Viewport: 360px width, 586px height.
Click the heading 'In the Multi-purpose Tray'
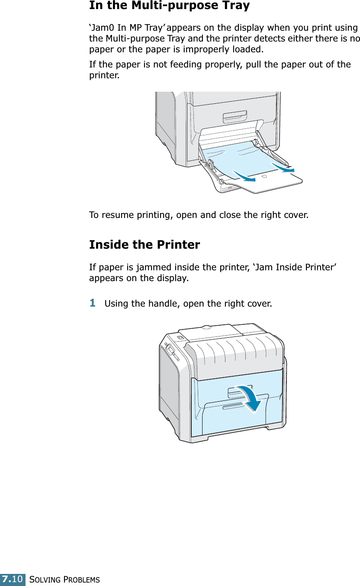point(169,6)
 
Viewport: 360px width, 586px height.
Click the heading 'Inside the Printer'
point(145,245)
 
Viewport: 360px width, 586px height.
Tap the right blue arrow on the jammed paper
point(282,166)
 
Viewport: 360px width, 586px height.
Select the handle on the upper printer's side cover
point(235,117)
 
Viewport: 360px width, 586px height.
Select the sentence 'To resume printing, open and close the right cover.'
point(199,215)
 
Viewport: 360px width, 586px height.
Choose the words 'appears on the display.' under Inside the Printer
point(139,277)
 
